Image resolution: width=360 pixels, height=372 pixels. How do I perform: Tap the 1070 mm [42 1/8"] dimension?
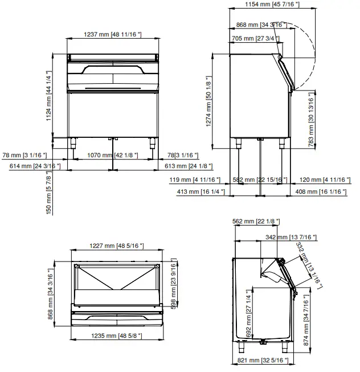pyautogui.click(x=112, y=155)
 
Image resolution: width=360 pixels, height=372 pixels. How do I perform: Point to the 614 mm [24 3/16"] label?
pyautogui.click(x=35, y=166)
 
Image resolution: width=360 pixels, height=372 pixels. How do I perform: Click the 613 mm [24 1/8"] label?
pyautogui.click(x=187, y=166)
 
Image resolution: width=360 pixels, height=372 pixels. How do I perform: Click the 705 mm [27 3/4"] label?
pyautogui.click(x=256, y=38)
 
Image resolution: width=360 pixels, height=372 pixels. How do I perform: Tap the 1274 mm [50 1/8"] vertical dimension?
pyautogui.click(x=209, y=101)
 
